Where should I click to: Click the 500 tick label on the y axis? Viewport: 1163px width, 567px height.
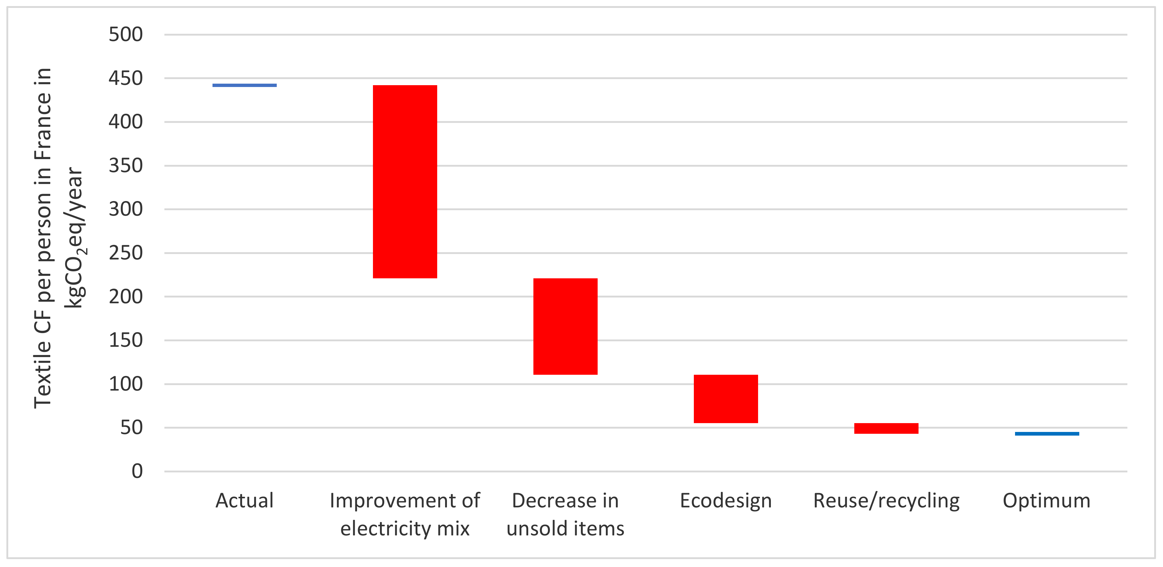click(x=125, y=34)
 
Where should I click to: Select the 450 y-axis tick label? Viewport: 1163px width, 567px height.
click(x=125, y=78)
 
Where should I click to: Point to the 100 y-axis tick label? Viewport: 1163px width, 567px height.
click(x=125, y=384)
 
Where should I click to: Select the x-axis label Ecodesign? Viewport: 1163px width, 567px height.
click(x=726, y=500)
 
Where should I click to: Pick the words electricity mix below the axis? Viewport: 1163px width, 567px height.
click(x=405, y=528)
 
